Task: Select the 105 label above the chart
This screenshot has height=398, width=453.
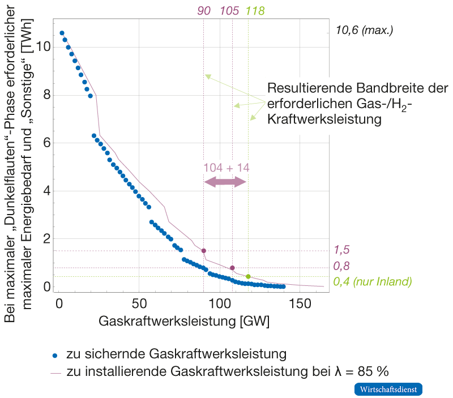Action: coord(229,11)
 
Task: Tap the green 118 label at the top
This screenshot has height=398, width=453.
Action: coord(255,11)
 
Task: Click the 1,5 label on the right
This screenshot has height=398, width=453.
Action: coord(341,250)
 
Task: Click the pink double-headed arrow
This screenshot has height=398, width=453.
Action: coord(225,182)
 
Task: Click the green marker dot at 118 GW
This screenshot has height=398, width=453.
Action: coord(248,276)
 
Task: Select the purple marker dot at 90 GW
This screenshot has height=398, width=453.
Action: coord(204,251)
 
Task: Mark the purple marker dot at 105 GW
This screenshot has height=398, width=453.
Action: coord(232,268)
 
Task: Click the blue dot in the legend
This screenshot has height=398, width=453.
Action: coord(55,356)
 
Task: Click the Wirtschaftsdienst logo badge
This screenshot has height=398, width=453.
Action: coord(389,390)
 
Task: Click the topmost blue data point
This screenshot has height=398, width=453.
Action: coord(62,33)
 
